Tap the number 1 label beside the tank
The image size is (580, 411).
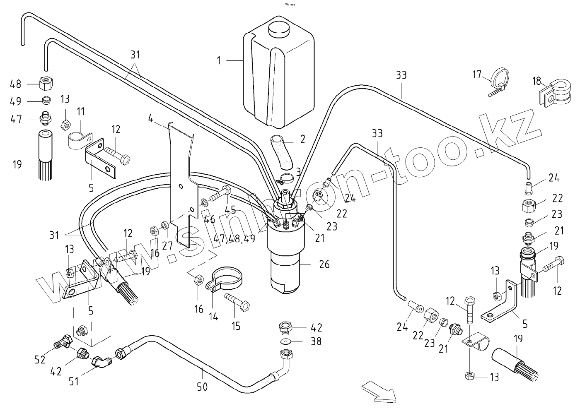(x=219, y=60)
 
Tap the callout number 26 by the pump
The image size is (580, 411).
(x=324, y=264)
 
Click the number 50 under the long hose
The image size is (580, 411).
(x=202, y=387)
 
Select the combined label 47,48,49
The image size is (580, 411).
(x=234, y=238)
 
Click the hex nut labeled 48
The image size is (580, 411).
(x=46, y=83)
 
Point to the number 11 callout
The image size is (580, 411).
(x=81, y=112)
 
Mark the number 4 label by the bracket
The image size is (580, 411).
(x=151, y=119)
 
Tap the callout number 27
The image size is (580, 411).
(x=167, y=245)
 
